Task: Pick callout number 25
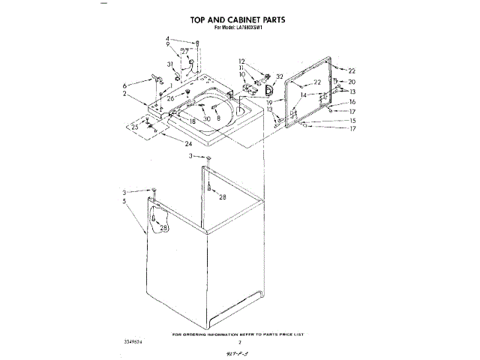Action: (x=135, y=127)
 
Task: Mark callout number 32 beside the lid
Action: (x=279, y=76)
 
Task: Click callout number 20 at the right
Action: (x=352, y=82)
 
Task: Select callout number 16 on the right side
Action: (x=352, y=101)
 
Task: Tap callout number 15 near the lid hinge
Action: (x=352, y=120)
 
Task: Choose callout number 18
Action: (x=193, y=121)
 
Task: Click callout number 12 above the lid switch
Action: (x=242, y=61)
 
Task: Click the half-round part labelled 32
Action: (x=268, y=90)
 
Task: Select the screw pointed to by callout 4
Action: (x=195, y=44)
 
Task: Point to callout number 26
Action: (x=170, y=98)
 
